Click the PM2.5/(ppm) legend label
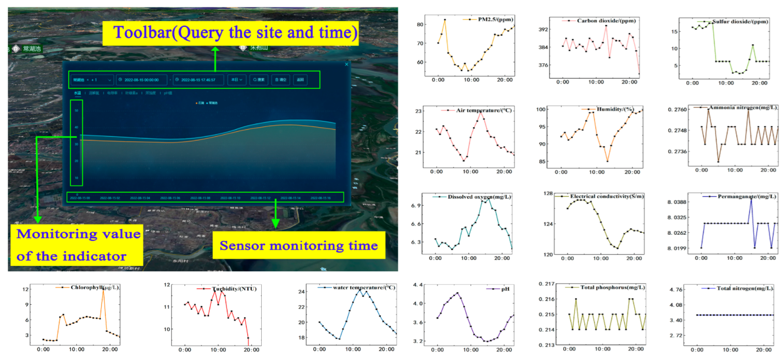click(x=495, y=19)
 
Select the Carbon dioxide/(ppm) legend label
click(x=606, y=21)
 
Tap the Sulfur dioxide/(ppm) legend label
click(x=740, y=22)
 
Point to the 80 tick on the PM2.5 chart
click(x=420, y=24)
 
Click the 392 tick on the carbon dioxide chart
click(x=543, y=29)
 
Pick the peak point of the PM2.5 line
click(x=445, y=20)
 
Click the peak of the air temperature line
click(x=481, y=111)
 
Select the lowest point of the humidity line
click(x=607, y=161)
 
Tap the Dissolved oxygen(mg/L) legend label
click(x=479, y=197)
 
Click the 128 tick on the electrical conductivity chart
click(x=548, y=193)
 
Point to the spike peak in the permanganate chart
click(x=751, y=199)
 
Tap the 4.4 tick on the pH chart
click(x=418, y=285)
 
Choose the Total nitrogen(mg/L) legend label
click(x=745, y=288)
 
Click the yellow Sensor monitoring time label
click(x=299, y=246)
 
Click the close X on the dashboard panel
click(x=347, y=64)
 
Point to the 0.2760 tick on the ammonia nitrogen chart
click(x=677, y=109)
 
